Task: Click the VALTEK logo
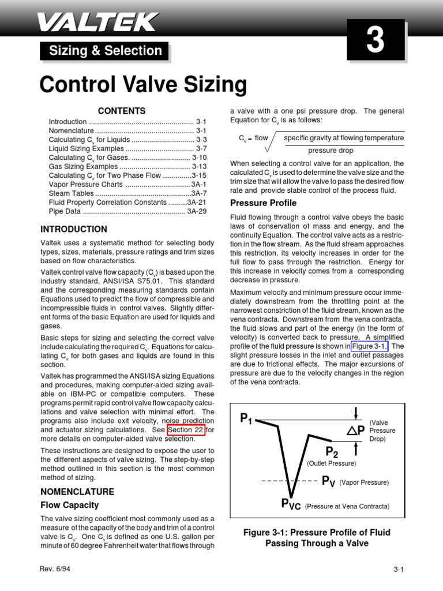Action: pos(97,23)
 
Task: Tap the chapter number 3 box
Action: pos(376,41)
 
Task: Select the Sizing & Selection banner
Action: pos(105,51)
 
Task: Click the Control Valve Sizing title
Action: pos(143,85)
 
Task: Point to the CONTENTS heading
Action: pos(122,111)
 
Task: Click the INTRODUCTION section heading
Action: pos(74,229)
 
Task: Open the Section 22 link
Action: pos(187,430)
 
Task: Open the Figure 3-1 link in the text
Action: pos(370,346)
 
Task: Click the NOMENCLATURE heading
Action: pos(77,492)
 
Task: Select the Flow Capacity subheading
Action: pos(70,505)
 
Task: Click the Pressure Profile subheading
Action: pos(264,203)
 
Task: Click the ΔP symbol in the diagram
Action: pos(355,430)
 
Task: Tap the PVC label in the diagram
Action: pos(291,504)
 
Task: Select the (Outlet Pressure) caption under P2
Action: pos(331,463)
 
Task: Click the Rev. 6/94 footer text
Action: pos(55,569)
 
